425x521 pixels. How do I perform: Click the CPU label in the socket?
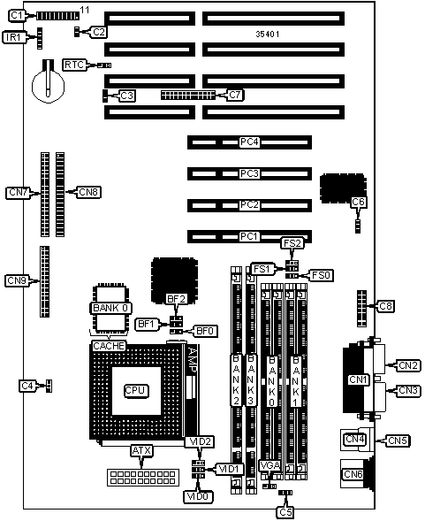tap(136, 390)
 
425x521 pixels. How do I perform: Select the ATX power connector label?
tap(141, 450)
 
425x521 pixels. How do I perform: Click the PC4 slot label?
tap(249, 142)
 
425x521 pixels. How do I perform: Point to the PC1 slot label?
tap(249, 236)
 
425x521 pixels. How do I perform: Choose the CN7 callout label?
tap(18, 192)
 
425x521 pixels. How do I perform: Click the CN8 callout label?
tap(89, 192)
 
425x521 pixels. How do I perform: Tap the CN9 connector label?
tap(17, 280)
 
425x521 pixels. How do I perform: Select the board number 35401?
tap(268, 34)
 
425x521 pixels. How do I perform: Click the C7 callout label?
tap(234, 95)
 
